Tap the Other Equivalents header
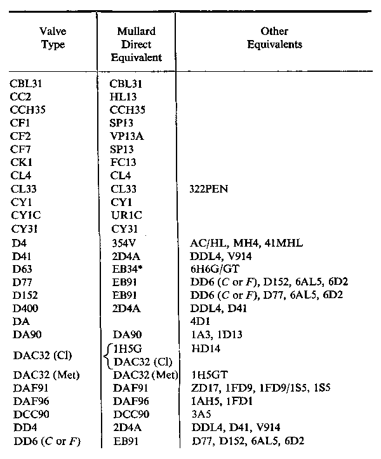[x=274, y=38]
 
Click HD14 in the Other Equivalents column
[x=204, y=348]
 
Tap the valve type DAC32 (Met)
[x=42, y=375]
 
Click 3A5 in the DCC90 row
[x=199, y=414]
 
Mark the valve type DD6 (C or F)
[x=44, y=442]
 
